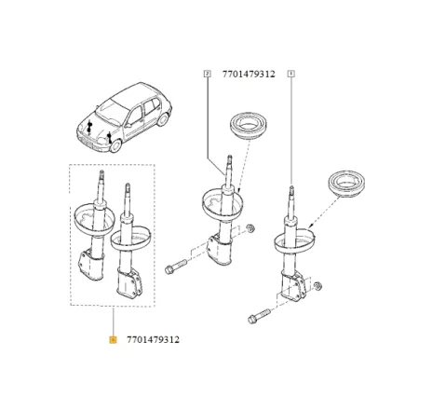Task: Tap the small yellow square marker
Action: [113, 339]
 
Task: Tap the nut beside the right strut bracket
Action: [318, 285]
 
